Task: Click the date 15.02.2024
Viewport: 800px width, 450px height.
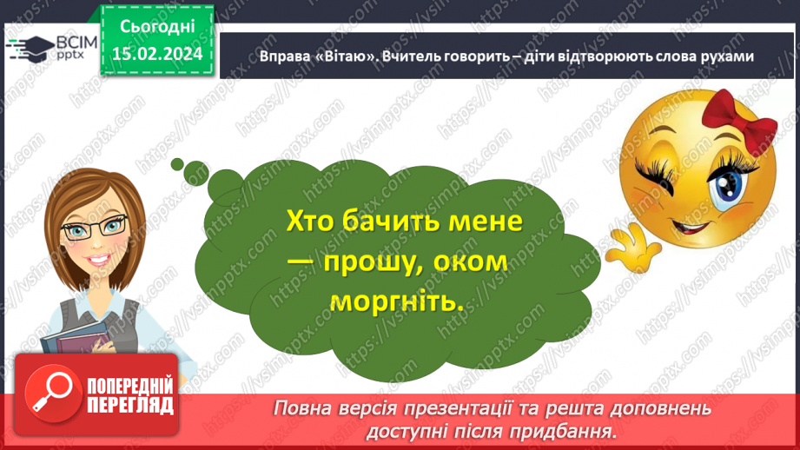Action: (157, 54)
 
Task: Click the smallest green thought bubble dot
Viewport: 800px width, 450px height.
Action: (177, 163)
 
